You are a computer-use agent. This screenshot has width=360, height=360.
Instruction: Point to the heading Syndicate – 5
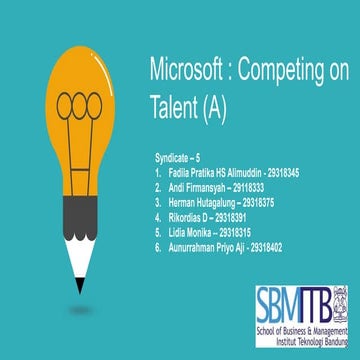[178, 158]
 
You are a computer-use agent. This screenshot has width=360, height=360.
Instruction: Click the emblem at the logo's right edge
[339, 298]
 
